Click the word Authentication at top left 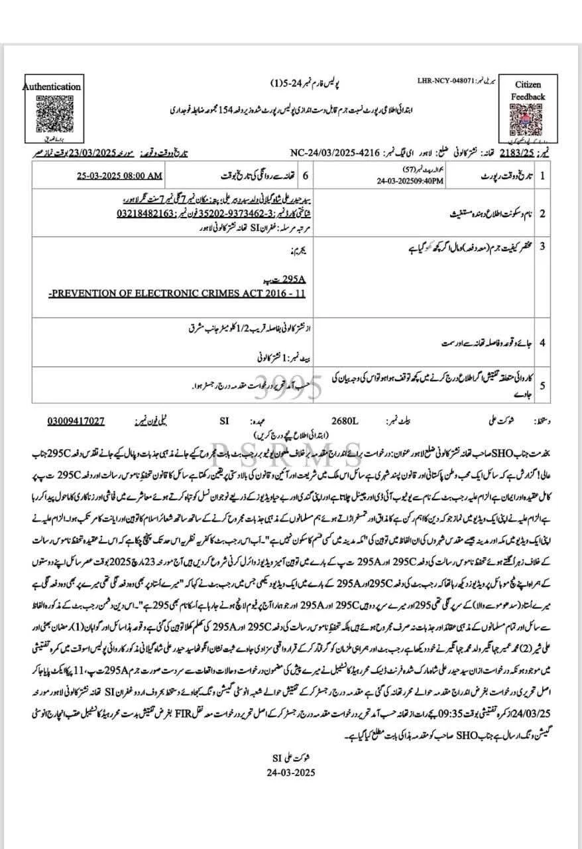point(52,86)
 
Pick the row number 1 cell point(542,177)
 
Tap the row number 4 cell point(542,343)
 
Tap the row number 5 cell point(542,385)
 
